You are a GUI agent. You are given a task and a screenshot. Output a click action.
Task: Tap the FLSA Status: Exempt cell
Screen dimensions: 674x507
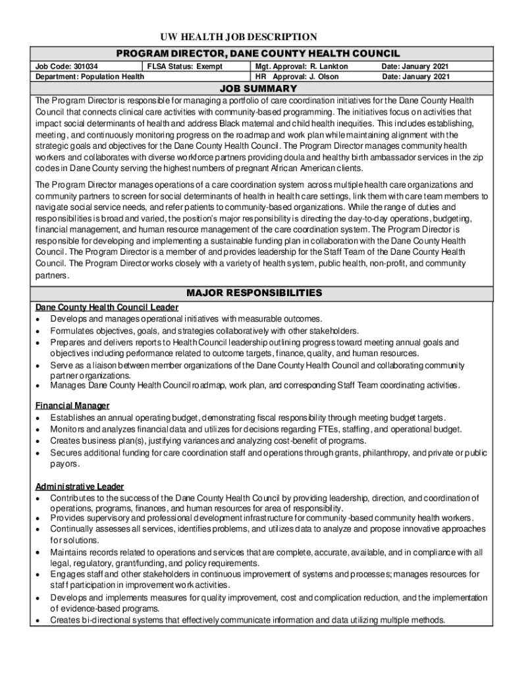pos(185,67)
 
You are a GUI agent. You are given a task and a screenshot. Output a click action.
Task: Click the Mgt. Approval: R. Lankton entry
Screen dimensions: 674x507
pos(302,67)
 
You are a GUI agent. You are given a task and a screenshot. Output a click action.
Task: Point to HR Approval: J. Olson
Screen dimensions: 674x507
pos(298,76)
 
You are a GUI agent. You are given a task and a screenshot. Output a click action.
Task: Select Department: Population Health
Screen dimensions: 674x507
pos(90,76)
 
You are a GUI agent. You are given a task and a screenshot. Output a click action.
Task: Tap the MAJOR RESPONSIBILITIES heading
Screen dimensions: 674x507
pos(254,292)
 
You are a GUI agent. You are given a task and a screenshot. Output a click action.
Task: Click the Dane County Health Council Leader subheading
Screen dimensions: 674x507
pos(107,307)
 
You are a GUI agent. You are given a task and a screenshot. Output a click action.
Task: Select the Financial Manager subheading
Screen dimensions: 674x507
pos(72,405)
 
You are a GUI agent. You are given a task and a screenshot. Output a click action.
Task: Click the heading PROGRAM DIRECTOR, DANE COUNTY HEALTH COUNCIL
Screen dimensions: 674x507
pos(258,53)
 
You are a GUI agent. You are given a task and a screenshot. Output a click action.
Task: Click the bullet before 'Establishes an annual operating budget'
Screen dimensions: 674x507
pos(40,417)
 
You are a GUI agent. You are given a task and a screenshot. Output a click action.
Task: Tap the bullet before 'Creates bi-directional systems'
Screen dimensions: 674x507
pos(40,620)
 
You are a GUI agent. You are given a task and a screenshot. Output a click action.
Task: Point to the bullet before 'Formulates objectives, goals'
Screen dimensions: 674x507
pos(40,331)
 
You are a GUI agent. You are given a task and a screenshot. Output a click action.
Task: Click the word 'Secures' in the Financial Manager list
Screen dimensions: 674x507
pos(67,453)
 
